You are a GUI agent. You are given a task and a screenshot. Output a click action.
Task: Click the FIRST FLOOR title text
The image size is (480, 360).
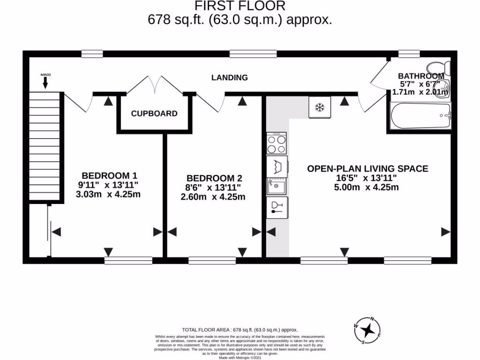pos(240,6)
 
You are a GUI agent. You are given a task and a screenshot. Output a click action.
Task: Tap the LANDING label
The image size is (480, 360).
pos(229,77)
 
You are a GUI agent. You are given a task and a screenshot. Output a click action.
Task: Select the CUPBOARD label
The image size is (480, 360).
pos(154,113)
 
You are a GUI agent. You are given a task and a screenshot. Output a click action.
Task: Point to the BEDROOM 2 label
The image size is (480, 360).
pos(214,178)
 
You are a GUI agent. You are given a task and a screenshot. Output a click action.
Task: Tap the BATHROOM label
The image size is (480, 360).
pos(420,76)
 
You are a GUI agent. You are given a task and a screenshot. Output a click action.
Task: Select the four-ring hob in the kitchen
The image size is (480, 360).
pos(277,143)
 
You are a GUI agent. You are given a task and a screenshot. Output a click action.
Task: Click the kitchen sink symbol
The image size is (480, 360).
pos(277,187)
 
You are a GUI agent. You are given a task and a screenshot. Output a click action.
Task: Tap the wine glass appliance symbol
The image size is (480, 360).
pos(277,208)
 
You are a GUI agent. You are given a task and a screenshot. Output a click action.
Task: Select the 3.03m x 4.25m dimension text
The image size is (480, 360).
pos(108,194)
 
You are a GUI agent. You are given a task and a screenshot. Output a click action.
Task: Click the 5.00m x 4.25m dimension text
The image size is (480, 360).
pos(366,187)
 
